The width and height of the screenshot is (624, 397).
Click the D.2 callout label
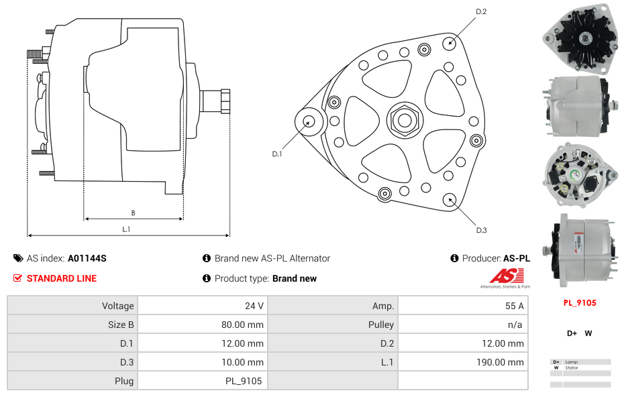click(480, 11)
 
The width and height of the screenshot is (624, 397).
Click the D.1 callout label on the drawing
click(277, 154)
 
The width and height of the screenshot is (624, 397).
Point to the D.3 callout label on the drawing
click(481, 230)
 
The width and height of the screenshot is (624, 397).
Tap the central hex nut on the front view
click(405, 120)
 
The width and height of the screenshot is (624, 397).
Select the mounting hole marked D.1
click(309, 121)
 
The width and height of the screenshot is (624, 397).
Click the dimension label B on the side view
click(133, 213)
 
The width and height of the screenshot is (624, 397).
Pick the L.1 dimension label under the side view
click(126, 229)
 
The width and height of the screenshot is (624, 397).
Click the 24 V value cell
click(254, 306)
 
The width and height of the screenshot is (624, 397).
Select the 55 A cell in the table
click(515, 306)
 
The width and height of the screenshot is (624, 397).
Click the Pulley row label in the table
click(380, 325)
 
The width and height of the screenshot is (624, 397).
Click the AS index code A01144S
click(87, 258)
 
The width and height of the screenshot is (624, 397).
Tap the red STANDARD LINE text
click(62, 278)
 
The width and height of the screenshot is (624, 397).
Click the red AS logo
click(504, 276)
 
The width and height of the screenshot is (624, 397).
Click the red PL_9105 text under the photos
click(580, 302)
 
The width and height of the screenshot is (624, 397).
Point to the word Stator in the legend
click(571, 367)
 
